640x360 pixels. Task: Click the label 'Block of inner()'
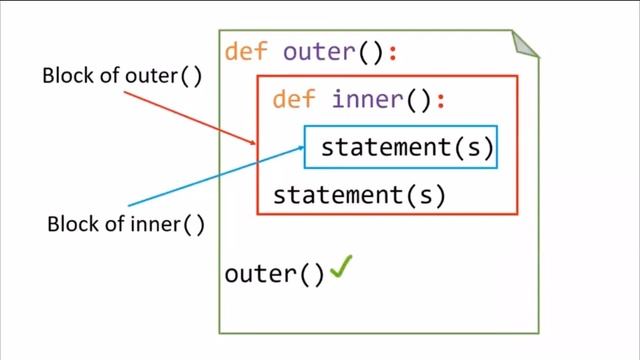click(x=126, y=223)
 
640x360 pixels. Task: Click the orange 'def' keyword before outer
click(x=245, y=52)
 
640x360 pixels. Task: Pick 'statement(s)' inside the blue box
click(x=407, y=148)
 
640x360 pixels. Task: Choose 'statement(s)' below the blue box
click(x=359, y=195)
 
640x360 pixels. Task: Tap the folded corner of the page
click(x=525, y=44)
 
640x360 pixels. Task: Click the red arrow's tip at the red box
click(x=256, y=147)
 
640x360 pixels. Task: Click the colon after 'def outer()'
click(x=393, y=53)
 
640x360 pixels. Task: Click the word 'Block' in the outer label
click(x=64, y=77)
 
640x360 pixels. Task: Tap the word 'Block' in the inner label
click(x=69, y=223)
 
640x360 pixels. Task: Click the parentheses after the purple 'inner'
click(x=416, y=100)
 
